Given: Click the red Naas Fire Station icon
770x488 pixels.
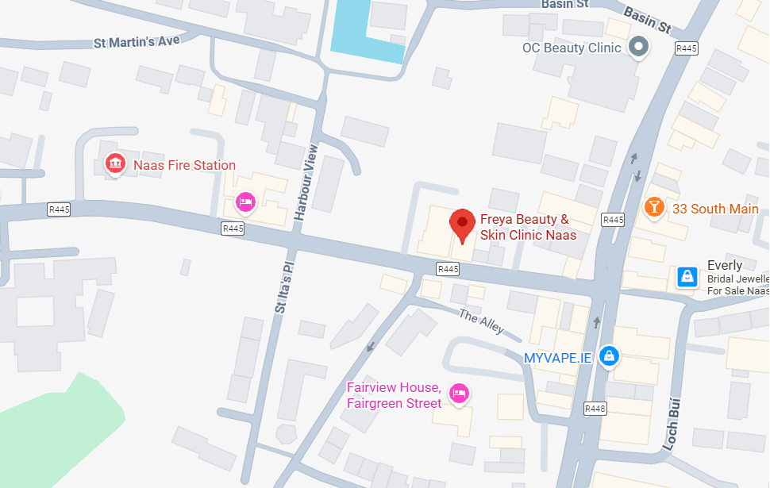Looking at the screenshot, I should (x=116, y=164).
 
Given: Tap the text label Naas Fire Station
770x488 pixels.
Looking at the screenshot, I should (x=184, y=165).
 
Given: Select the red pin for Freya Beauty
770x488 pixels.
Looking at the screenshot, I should (x=462, y=225).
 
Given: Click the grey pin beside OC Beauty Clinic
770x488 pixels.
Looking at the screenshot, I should (x=638, y=48).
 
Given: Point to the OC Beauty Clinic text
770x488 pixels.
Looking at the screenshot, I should (x=571, y=48).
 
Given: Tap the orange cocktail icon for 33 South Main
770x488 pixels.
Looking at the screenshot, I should (x=653, y=208).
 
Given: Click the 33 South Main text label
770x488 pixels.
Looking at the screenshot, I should (x=715, y=209).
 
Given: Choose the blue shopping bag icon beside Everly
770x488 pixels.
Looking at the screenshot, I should (x=687, y=276).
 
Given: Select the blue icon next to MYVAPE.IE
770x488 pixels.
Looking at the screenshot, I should (x=608, y=356).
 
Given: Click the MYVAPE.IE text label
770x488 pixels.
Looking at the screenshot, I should (x=557, y=358).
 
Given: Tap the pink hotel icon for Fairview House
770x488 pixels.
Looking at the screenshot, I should (x=458, y=393).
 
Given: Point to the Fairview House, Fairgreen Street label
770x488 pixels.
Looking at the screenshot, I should (x=394, y=395).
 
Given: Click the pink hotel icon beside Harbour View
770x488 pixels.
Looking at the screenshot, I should (x=245, y=203).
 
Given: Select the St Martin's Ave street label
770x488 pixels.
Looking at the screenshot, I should (x=137, y=41).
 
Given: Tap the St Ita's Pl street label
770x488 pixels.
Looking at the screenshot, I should (x=283, y=282).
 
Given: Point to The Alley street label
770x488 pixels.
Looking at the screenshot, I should (x=481, y=321).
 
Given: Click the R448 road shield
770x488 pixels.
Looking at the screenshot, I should (x=595, y=409).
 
